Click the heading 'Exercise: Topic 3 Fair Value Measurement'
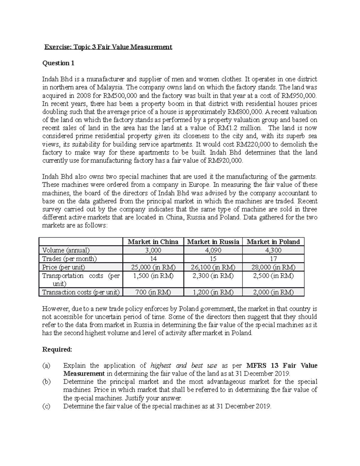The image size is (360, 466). pyautogui.click(x=108, y=47)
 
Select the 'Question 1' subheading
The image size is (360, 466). pyautogui.click(x=58, y=63)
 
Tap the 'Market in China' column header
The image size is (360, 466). pyautogui.click(x=153, y=242)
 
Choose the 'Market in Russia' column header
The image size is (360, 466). pyautogui.click(x=213, y=242)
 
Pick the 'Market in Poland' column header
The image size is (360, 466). pyautogui.click(x=273, y=242)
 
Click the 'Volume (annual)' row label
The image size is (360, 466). pyautogui.click(x=66, y=250)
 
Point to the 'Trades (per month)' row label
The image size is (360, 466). pyautogui.click(x=70, y=259)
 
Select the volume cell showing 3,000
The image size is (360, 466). pyautogui.click(x=153, y=250)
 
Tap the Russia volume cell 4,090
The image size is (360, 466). pyautogui.click(x=213, y=250)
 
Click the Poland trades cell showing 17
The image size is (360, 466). pyautogui.click(x=273, y=259)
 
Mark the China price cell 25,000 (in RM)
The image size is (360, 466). pyautogui.click(x=153, y=267)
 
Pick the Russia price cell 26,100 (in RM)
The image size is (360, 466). pyautogui.click(x=213, y=267)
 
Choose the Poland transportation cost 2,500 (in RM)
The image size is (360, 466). pyautogui.click(x=273, y=276)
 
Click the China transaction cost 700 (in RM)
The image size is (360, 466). pyautogui.click(x=153, y=292)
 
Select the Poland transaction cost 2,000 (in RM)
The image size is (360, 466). pyautogui.click(x=273, y=292)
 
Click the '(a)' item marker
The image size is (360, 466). pyautogui.click(x=46, y=365)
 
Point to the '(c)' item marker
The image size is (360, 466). pyautogui.click(x=46, y=406)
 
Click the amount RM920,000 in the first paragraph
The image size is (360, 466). pyautogui.click(x=224, y=161)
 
